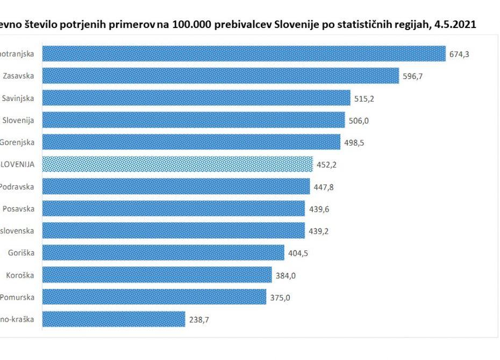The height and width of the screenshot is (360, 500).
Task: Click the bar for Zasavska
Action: click(x=220, y=76)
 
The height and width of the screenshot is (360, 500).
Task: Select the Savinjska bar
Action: click(x=196, y=98)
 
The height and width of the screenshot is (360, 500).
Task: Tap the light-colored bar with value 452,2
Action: click(x=177, y=164)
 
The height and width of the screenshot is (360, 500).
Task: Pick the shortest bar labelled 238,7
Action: click(x=113, y=319)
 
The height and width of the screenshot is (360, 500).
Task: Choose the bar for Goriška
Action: click(x=163, y=253)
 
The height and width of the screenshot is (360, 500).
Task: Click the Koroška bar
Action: click(x=157, y=275)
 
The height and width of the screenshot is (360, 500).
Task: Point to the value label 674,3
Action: click(x=459, y=54)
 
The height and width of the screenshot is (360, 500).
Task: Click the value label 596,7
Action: click(x=412, y=76)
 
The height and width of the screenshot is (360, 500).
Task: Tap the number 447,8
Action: click(x=324, y=187)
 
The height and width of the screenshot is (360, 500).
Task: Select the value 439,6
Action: click(x=319, y=209)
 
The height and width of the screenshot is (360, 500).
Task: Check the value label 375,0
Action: click(x=280, y=297)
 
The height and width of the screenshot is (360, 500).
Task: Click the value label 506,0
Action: click(x=358, y=120)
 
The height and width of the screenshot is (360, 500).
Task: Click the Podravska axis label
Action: click(x=17, y=186)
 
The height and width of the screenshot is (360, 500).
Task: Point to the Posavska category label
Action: click(x=18, y=209)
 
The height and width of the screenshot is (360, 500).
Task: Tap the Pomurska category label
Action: click(x=17, y=297)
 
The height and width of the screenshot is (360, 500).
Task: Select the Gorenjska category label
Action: click(x=17, y=142)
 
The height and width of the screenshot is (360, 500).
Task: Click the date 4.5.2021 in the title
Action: click(x=455, y=25)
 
